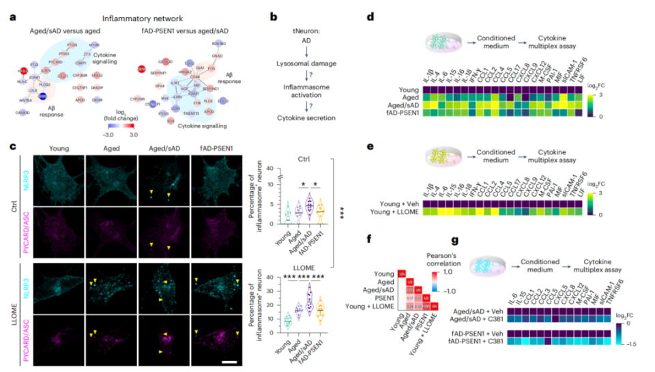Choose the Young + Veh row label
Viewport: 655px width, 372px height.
394,203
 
